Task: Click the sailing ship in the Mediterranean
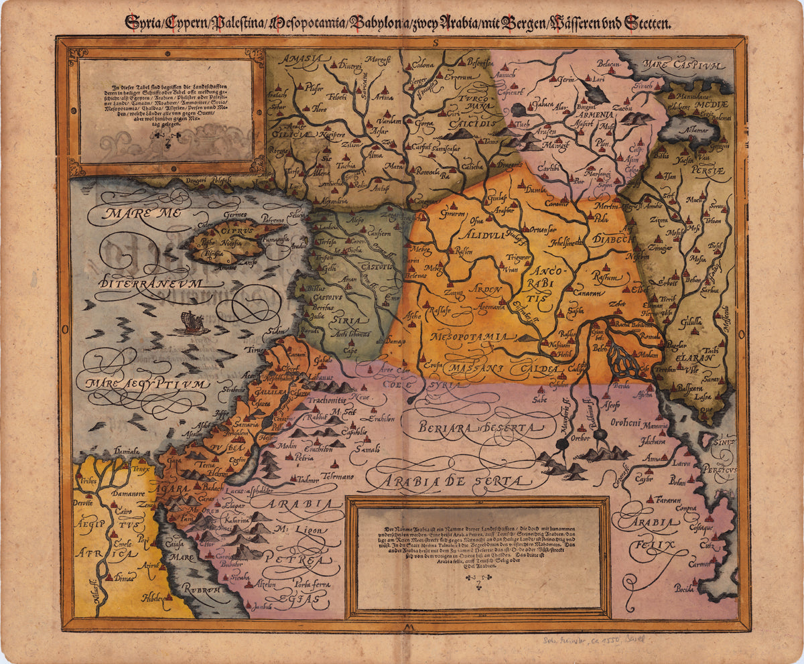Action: [x=191, y=323]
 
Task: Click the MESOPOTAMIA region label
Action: [x=474, y=336]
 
